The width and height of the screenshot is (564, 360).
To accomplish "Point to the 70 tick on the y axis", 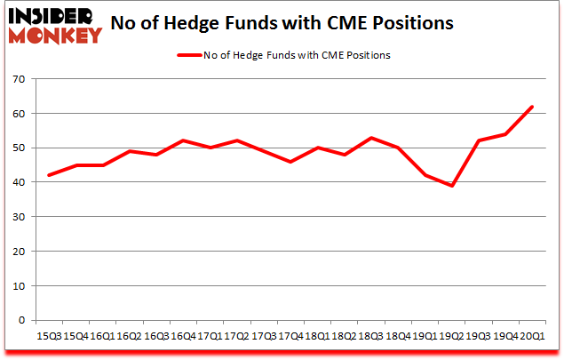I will pyautogui.click(x=17, y=80).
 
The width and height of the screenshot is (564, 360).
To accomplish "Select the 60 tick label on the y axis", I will pyautogui.click(x=17, y=114).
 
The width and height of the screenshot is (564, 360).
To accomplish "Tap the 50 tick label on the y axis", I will pyautogui.click(x=17, y=148).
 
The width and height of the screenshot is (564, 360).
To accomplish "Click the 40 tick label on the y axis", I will pyautogui.click(x=17, y=183).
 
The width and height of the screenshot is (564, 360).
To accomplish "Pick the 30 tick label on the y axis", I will pyautogui.click(x=17, y=217).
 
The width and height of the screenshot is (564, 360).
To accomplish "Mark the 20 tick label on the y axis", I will pyautogui.click(x=17, y=252).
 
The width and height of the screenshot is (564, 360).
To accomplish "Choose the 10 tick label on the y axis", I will pyautogui.click(x=17, y=286).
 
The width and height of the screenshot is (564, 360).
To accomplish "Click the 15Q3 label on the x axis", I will pyautogui.click(x=48, y=338).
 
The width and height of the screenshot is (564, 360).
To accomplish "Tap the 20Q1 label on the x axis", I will pyautogui.click(x=531, y=338).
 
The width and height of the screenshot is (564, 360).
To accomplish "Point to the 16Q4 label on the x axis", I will pyautogui.click(x=182, y=338).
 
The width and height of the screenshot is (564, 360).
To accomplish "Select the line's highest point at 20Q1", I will pyautogui.click(x=531, y=107).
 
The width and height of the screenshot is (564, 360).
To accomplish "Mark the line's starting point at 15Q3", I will pyautogui.click(x=48, y=176).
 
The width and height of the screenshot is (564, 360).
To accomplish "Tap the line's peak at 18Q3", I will pyautogui.click(x=370, y=138).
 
